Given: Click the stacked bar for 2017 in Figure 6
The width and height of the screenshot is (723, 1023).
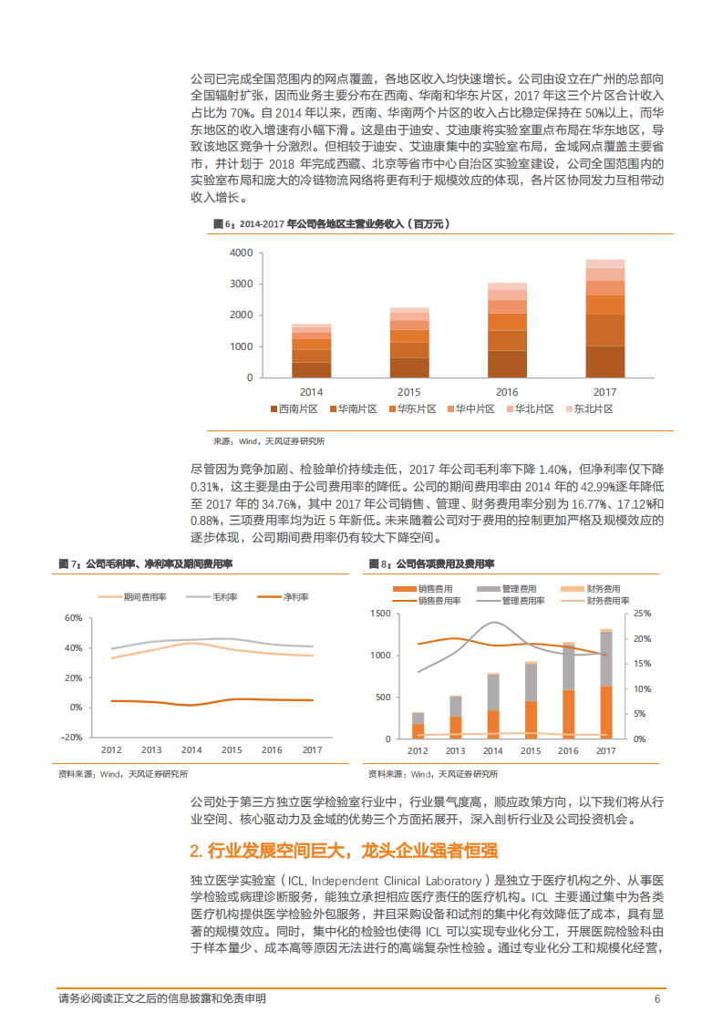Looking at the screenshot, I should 604,318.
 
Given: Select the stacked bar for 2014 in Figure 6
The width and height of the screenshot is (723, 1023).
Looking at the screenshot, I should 312,350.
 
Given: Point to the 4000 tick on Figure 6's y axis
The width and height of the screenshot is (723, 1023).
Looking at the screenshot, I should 241,253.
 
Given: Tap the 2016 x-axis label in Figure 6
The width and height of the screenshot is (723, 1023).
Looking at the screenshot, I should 507,391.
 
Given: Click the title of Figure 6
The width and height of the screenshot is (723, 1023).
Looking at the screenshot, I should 330,222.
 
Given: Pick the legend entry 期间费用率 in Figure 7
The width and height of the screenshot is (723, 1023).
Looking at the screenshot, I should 145,596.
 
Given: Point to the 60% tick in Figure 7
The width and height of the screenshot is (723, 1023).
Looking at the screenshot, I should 73,618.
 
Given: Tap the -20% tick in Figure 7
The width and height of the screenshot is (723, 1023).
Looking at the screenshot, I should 71,737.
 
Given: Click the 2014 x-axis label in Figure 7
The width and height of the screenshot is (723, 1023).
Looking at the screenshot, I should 191,750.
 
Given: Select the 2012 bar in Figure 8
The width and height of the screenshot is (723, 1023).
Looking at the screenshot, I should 418,726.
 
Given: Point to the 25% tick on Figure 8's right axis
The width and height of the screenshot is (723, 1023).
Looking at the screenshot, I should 642,614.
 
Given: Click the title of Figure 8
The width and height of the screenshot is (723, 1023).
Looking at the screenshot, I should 431,564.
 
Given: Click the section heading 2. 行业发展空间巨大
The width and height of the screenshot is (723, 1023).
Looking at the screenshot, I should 343,851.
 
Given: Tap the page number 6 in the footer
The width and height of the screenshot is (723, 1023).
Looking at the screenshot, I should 657,998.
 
